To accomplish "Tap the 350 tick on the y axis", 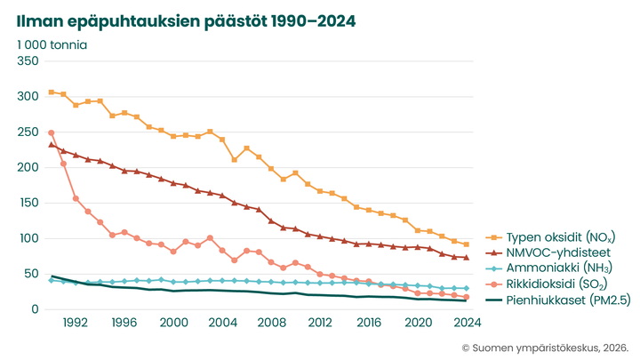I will click(x=28, y=60).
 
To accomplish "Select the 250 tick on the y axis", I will click(x=28, y=132).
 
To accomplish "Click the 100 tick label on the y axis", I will click(x=28, y=238).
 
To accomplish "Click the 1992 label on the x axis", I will click(x=76, y=324).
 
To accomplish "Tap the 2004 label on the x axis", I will click(x=221, y=324).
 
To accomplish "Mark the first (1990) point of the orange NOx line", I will click(x=52, y=92).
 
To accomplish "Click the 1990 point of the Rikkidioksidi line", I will click(x=52, y=132).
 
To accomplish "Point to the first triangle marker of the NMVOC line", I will click(x=52, y=144).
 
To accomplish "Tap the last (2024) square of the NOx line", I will click(x=466, y=244).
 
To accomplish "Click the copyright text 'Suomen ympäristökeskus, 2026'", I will click(x=546, y=348).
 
